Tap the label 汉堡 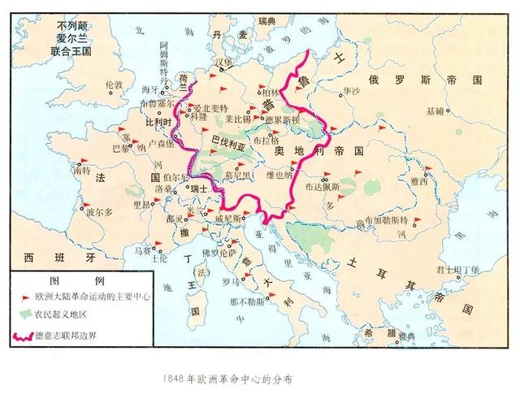click(223, 63)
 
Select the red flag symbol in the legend click(24, 297)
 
